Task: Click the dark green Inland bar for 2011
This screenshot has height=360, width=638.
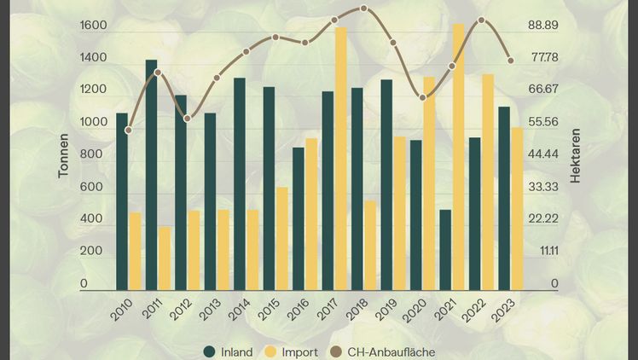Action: [151, 175]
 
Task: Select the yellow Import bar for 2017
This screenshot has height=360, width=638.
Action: [340, 159]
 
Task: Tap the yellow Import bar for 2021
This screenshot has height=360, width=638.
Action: [459, 157]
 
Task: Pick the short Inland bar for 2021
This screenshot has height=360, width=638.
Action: [445, 250]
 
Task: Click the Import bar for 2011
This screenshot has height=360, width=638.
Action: [164, 258]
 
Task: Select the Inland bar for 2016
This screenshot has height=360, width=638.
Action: [298, 219]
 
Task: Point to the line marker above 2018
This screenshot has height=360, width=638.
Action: [364, 9]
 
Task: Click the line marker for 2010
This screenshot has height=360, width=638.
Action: [128, 131]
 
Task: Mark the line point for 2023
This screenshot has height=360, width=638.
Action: [510, 61]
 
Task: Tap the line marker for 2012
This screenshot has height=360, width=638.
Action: [187, 119]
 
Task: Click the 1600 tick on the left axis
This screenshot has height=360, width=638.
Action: [93, 26]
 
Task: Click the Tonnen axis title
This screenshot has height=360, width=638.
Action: [63, 158]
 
